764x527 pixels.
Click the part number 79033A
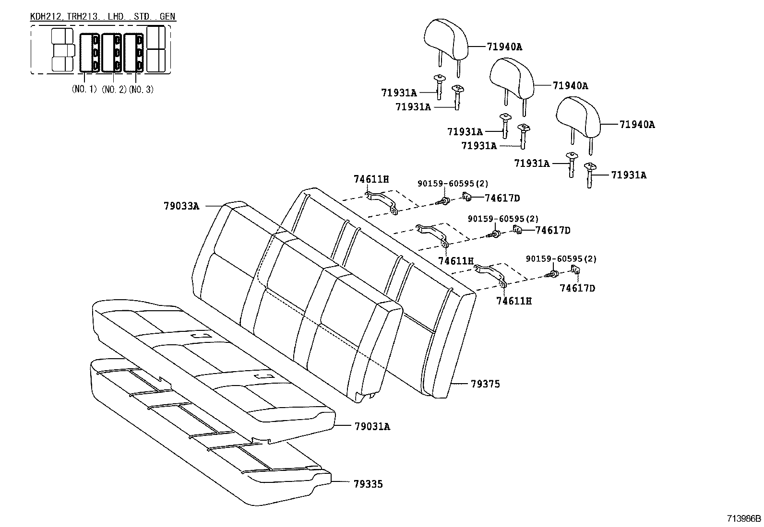[181, 206]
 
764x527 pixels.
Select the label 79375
[485, 384]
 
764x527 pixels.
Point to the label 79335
[368, 484]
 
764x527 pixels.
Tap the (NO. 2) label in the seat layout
[114, 89]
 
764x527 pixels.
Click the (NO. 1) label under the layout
[84, 89]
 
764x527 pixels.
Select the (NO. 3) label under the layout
[141, 89]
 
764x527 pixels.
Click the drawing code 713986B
[744, 518]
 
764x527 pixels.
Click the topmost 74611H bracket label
[371, 179]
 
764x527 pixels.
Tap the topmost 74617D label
[502, 198]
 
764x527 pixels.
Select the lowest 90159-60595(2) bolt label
[561, 259]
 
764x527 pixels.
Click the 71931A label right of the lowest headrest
[628, 175]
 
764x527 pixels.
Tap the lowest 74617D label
[577, 288]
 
